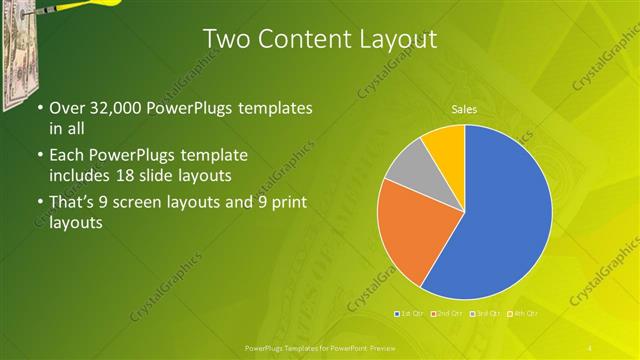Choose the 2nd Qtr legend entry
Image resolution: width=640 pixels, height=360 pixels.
pos(444,313)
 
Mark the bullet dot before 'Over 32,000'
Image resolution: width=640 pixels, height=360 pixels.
pos(39,108)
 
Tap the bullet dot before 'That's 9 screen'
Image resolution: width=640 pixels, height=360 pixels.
pos(39,203)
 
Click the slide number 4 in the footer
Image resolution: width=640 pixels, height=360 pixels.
pos(590,346)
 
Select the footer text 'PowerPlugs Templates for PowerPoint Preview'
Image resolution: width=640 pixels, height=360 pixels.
pos(319,346)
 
